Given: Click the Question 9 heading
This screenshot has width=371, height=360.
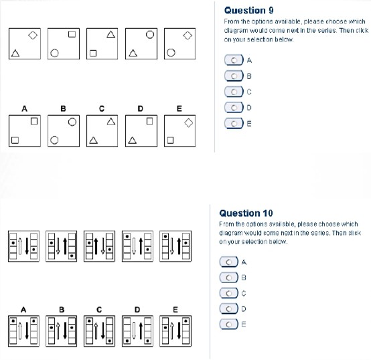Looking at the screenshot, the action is pos(248,11).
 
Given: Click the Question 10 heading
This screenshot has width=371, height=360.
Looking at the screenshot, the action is pos(246,213).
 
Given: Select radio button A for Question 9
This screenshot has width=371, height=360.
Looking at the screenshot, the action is pos(234,60).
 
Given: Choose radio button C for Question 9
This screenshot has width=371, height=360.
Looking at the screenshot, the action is pos(234,92).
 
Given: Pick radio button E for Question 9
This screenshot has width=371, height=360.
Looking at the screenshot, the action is pos(234,124).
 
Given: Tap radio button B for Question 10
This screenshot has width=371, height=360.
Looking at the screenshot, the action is pos(229,278).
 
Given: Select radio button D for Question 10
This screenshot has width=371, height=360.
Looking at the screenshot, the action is pos(229,308).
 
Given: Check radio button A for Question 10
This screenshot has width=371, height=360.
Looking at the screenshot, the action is pos(229,262).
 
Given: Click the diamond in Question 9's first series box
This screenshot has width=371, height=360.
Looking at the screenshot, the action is pos(33,35).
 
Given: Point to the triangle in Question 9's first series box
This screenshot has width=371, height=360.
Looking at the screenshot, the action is pos(15,53).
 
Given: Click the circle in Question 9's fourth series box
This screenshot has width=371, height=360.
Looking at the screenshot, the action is pos(150,35).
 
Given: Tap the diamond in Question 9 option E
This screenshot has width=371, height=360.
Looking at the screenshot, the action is pos(188,123).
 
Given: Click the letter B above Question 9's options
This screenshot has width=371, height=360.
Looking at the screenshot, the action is pos(63,108).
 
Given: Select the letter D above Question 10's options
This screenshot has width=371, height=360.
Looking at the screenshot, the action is pos(137,310).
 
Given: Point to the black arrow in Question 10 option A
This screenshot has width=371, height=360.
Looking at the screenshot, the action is pos(27,330).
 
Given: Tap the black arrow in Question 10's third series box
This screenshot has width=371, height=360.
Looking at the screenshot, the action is pos(96,246).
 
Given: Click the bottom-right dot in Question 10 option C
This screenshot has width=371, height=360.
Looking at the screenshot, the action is pos(110,341).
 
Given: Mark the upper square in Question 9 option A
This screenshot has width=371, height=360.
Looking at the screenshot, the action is pos(34,121).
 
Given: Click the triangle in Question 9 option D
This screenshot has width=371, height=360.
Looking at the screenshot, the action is pos(133,141).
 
